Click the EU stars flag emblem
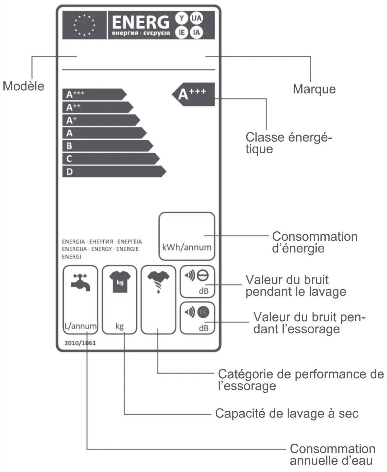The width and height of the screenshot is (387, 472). click(84, 25)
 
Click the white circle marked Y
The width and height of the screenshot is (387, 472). click(182, 18)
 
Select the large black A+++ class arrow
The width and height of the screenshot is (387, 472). click(193, 94)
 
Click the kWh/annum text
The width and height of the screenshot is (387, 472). click(187, 247)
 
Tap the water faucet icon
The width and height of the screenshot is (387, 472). click(80, 283)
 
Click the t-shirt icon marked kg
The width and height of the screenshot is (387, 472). click(120, 282)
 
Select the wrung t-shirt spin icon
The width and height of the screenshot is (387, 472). click(158, 282)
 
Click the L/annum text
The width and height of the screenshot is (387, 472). click(80, 326)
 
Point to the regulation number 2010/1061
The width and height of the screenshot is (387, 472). click(80, 343)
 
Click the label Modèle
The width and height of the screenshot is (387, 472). click(23, 86)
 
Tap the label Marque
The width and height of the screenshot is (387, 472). click(314, 89)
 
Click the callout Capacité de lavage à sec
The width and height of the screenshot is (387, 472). click(287, 413)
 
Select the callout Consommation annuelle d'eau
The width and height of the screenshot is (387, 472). click(332, 454)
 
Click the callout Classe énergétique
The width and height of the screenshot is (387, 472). click(288, 143)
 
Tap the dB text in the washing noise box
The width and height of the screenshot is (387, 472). click(204, 291)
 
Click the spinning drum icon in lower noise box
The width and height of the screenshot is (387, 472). click(203, 312)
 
